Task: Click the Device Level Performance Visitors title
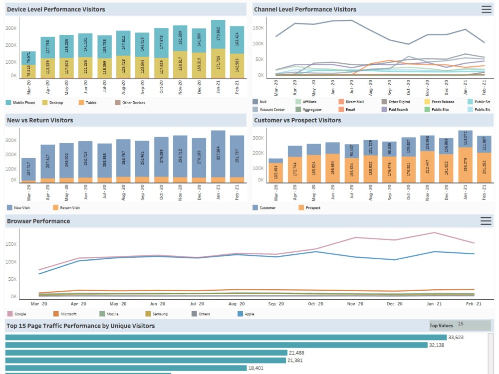coord(56,9)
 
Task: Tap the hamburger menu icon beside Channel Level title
coord(486,9)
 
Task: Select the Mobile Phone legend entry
coord(22,103)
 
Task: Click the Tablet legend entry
coord(89,103)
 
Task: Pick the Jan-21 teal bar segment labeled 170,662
coord(218,35)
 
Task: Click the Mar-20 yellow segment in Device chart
coord(28,71)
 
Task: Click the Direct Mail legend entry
coord(354,102)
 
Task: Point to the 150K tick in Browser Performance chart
coord(11,244)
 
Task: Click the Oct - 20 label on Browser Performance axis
coord(315,304)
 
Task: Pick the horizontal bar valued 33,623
coord(225,338)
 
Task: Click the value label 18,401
coord(256,368)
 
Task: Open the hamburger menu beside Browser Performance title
coord(486,221)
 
